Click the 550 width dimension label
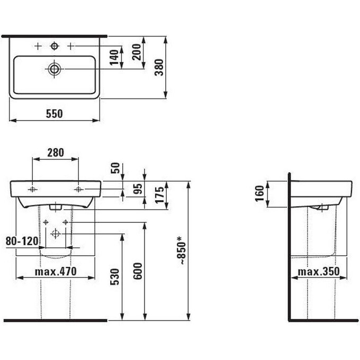tap(54, 113)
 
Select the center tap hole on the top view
tap(54, 47)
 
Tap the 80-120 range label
tap(22, 241)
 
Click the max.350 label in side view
tap(317, 272)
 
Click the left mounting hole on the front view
tap(33, 189)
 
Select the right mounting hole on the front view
tap(78, 189)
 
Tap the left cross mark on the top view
tap(37, 47)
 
